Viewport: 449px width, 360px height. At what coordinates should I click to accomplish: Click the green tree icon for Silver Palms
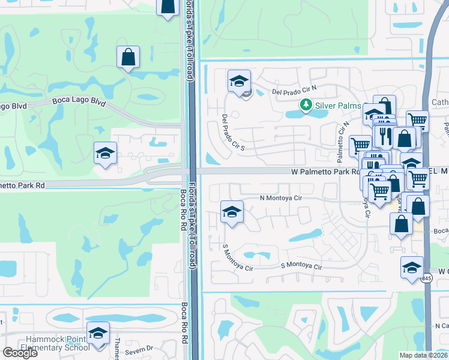pyautogui.click(x=306, y=106)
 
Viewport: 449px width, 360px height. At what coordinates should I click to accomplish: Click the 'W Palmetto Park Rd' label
pyautogui.click(x=325, y=172)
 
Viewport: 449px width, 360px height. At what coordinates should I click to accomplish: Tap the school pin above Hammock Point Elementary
pyautogui.click(x=98, y=332)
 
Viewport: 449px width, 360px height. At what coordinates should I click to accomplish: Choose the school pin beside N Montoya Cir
pyautogui.click(x=232, y=211)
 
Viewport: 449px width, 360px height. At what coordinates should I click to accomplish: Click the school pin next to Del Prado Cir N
pyautogui.click(x=239, y=80)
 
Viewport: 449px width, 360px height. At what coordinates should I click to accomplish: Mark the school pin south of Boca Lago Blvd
pyautogui.click(x=105, y=152)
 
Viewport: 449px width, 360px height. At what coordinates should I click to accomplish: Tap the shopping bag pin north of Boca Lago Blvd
pyautogui.click(x=128, y=58)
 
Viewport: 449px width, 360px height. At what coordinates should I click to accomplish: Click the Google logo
pyautogui.click(x=20, y=353)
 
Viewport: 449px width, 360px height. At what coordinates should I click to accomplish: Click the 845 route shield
pyautogui.click(x=426, y=278)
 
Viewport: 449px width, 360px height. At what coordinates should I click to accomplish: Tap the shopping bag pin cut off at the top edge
pyautogui.click(x=168, y=6)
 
